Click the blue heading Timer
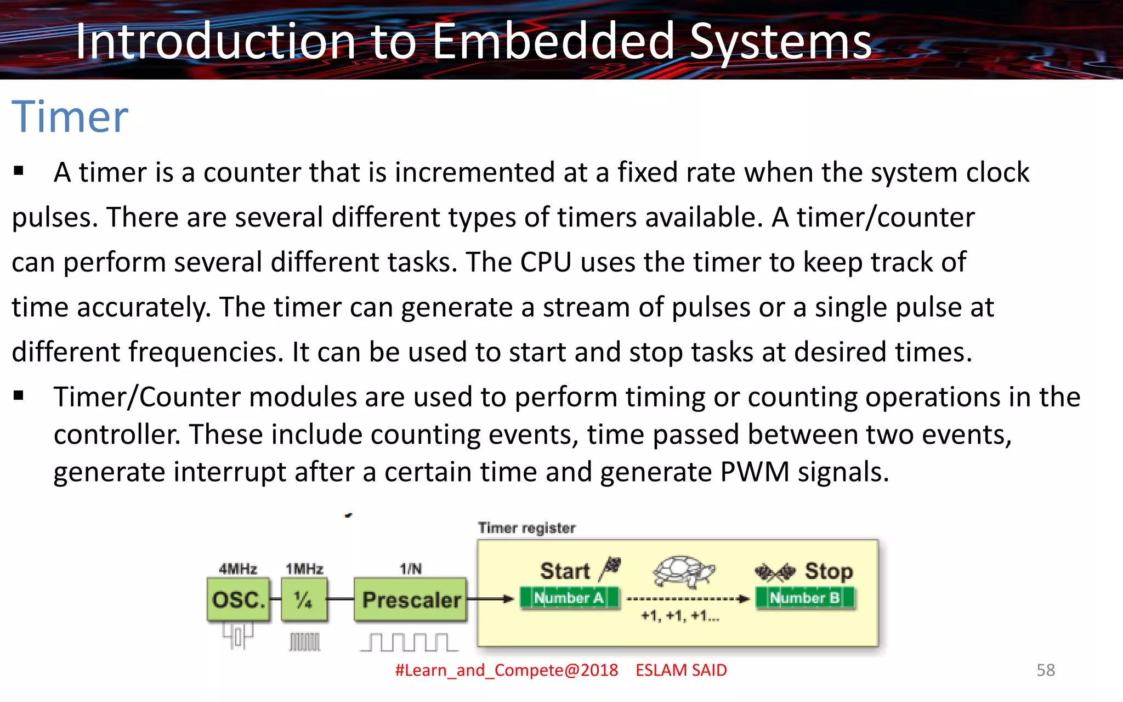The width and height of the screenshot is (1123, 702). pyautogui.click(x=70, y=117)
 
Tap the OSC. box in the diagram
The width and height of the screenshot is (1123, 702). pyautogui.click(x=239, y=599)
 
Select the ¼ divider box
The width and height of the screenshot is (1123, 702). pyautogui.click(x=304, y=599)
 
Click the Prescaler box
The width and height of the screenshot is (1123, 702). pyautogui.click(x=411, y=599)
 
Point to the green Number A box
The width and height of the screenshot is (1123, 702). pyautogui.click(x=569, y=598)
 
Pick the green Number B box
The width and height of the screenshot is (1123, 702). pyautogui.click(x=805, y=598)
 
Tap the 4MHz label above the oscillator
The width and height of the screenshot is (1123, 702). pyautogui.click(x=238, y=569)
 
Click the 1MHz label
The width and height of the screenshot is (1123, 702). pyautogui.click(x=304, y=569)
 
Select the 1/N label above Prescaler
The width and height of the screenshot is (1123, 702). pyautogui.click(x=411, y=569)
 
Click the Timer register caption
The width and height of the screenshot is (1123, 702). pyautogui.click(x=526, y=528)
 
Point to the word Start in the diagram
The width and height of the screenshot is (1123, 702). pyautogui.click(x=565, y=571)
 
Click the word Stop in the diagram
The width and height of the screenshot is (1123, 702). pyautogui.click(x=829, y=571)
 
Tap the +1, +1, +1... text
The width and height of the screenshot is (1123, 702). pyautogui.click(x=680, y=616)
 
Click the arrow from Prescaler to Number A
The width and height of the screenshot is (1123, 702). pyautogui.click(x=490, y=599)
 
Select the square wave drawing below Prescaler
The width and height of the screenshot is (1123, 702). pyautogui.click(x=409, y=642)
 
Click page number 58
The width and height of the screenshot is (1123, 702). pyautogui.click(x=1045, y=670)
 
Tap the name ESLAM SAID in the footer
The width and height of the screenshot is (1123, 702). pyautogui.click(x=681, y=670)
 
